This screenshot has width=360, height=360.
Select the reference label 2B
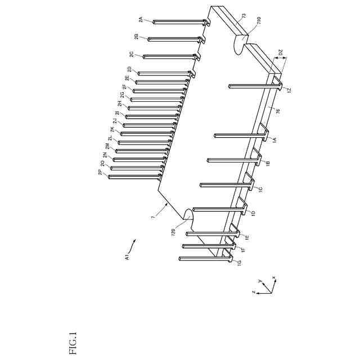coord(137,37)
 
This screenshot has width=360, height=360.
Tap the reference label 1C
coord(260,190)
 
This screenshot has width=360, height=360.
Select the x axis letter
coord(273,277)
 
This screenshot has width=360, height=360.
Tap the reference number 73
coord(243,17)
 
